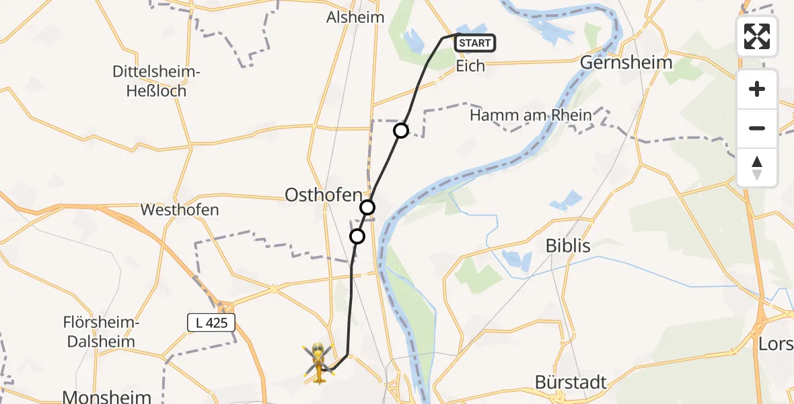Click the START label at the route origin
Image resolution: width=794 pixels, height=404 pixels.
pos(476,44)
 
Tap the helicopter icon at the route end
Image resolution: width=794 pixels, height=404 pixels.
pos(318,362)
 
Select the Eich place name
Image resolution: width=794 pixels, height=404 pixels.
pos(470,67)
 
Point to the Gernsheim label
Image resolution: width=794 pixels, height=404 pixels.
pos(626,63)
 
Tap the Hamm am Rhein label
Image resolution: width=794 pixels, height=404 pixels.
pos(531,115)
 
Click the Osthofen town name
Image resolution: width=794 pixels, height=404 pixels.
pos(324,195)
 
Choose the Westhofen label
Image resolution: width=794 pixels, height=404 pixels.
pos(180,209)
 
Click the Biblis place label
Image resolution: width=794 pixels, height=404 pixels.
pos(568,246)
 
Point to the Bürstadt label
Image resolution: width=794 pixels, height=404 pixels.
pos(571,382)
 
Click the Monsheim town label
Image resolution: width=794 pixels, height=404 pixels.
pos(106,395)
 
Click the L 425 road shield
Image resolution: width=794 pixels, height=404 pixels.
pos(211,323)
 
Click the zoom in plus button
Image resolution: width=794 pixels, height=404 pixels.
pos(757,89)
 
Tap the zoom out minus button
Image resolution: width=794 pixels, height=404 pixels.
pos(757,128)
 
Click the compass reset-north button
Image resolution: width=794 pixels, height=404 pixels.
pos(757,167)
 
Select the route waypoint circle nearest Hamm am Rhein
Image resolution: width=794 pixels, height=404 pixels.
pos(401,131)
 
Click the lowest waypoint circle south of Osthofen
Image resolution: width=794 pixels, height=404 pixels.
pos(357,236)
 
